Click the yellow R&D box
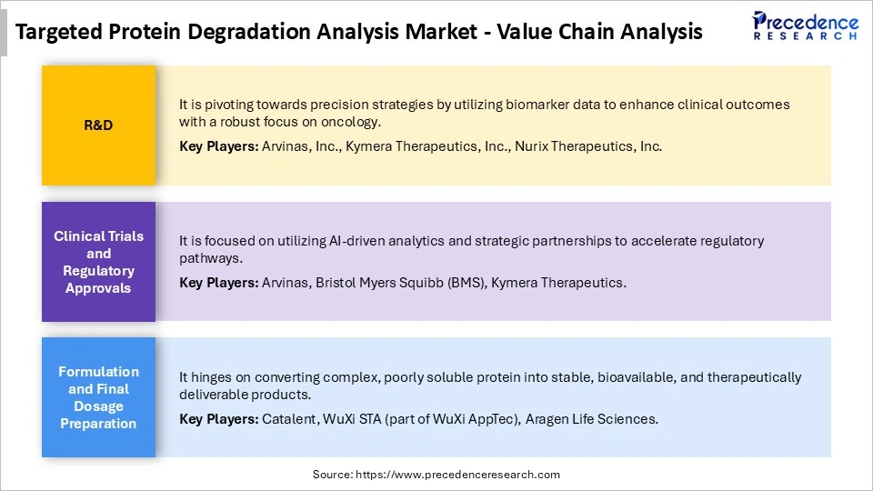coord(98,125)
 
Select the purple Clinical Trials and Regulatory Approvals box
coord(98,262)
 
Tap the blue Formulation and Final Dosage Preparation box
coord(98,397)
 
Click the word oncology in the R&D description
coord(353,122)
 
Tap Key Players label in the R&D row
coord(218,145)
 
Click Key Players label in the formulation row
coord(218,419)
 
